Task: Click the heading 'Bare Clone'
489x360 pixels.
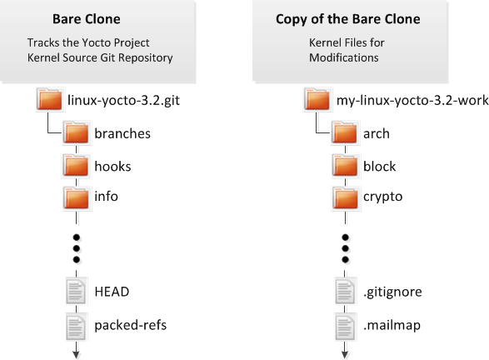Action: click(x=87, y=19)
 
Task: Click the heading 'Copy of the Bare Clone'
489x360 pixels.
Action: click(x=347, y=19)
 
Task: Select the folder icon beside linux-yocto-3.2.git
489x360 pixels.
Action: click(x=49, y=99)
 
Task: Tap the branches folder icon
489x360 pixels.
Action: click(x=77, y=132)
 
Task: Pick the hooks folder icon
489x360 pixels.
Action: click(x=77, y=166)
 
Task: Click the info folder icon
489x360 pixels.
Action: click(x=77, y=198)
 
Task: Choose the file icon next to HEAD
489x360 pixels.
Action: click(x=76, y=291)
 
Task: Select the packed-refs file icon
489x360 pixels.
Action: click(x=76, y=327)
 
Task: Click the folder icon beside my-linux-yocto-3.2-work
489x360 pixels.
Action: click(x=317, y=99)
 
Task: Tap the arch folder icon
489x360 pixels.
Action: click(x=345, y=132)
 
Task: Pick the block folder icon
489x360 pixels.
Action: click(x=345, y=166)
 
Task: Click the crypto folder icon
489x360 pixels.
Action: click(x=345, y=198)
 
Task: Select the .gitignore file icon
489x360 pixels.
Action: click(x=345, y=291)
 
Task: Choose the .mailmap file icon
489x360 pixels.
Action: click(x=345, y=327)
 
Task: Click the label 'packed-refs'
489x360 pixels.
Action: click(x=130, y=325)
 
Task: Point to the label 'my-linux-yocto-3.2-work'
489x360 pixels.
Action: click(x=412, y=101)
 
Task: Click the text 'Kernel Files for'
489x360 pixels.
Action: click(x=347, y=42)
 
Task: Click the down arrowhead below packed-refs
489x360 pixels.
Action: click(x=77, y=355)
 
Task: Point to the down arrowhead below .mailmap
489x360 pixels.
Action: click(x=345, y=355)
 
